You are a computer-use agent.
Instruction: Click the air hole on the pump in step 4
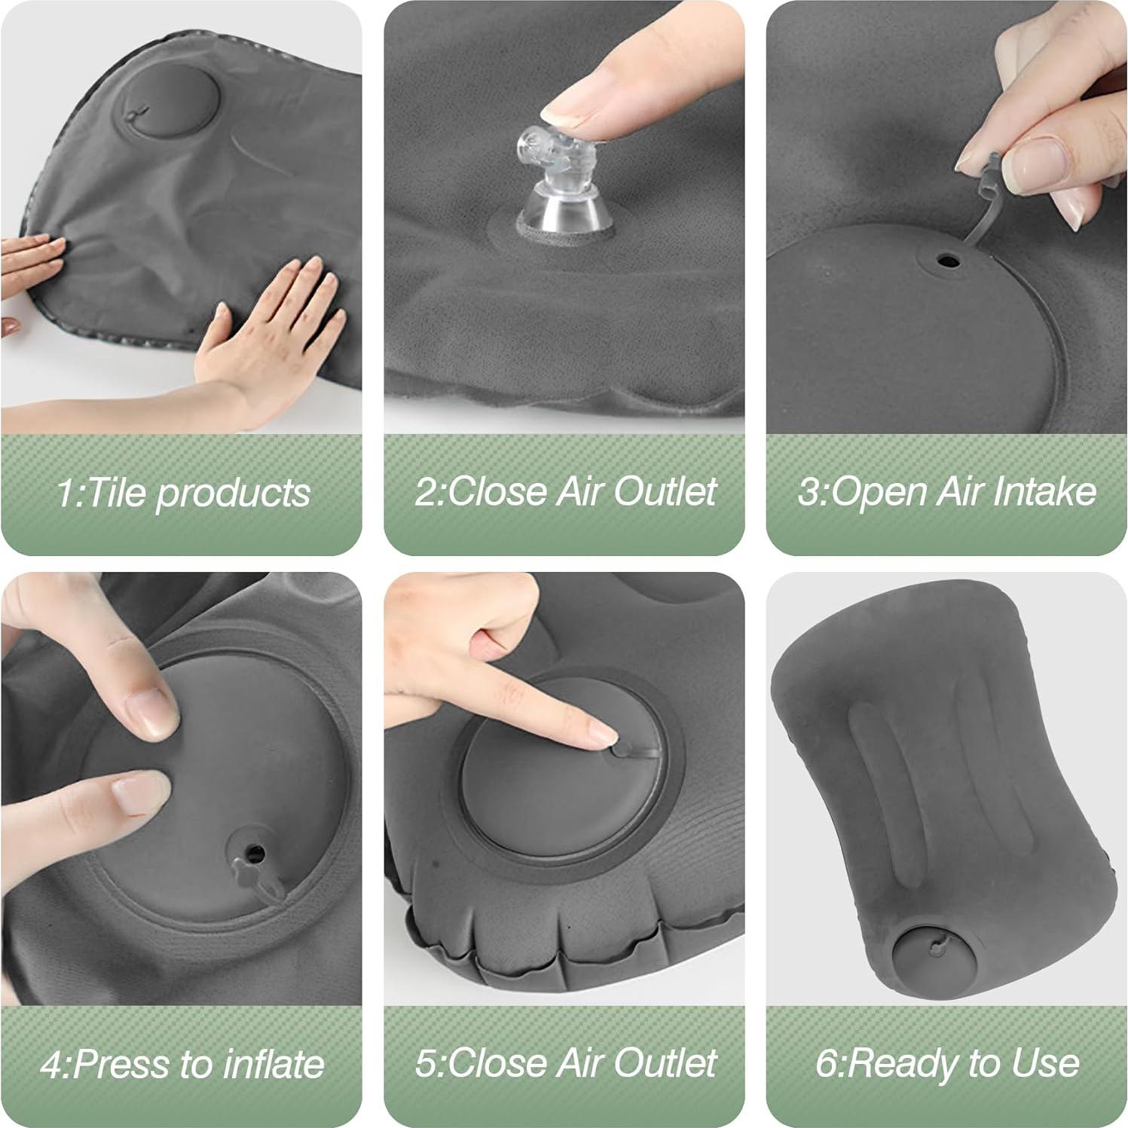pos(255,854)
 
